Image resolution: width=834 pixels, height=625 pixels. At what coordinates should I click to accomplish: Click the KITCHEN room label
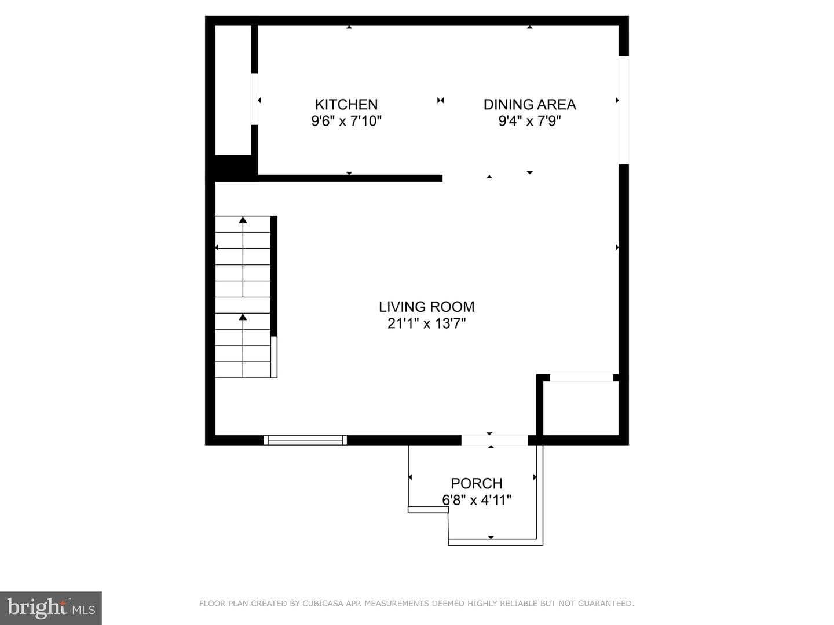(x=346, y=104)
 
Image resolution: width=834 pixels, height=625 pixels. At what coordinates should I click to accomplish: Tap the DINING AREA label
(x=530, y=104)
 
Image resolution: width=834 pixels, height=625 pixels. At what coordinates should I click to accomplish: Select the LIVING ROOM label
(x=427, y=307)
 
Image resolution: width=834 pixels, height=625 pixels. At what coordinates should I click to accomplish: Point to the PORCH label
(x=477, y=483)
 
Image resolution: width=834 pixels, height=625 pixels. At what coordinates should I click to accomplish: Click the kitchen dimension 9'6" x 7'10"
(x=346, y=121)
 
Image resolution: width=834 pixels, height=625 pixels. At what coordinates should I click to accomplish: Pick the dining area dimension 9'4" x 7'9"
(x=530, y=121)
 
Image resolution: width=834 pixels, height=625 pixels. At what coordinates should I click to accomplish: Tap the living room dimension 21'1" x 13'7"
(x=427, y=323)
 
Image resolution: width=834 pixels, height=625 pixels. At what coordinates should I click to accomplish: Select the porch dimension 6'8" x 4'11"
(x=477, y=500)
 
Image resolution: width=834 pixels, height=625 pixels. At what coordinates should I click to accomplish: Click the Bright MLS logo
(x=51, y=608)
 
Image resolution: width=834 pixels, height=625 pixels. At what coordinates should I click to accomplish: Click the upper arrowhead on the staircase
(x=243, y=220)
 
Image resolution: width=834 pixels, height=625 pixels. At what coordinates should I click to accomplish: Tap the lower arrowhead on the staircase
(x=243, y=317)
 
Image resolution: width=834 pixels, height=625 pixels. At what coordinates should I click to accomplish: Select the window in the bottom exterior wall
(x=305, y=440)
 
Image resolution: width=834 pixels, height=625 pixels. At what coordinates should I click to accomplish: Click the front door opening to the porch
(x=495, y=440)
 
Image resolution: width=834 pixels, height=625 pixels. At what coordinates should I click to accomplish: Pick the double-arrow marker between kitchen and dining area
(x=440, y=100)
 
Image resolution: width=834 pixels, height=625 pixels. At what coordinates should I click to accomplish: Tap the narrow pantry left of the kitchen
(x=233, y=90)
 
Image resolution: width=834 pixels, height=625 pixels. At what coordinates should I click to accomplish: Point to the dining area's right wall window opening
(x=624, y=110)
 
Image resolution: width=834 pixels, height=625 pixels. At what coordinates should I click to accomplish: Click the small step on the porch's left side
(x=428, y=510)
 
